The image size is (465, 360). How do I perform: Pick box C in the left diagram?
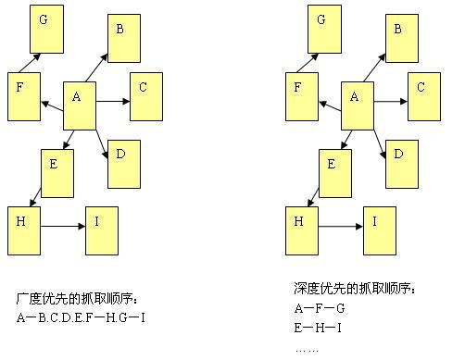(x=145, y=96)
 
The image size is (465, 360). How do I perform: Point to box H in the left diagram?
(x=24, y=230)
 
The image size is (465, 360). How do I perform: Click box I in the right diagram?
(x=380, y=230)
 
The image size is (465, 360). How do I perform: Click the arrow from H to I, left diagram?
(x=63, y=225)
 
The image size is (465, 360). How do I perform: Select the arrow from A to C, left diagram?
(x=113, y=95)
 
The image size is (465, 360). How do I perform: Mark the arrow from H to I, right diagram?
(x=341, y=225)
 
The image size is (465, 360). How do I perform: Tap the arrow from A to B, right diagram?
(x=375, y=66)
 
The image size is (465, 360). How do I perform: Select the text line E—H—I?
(x=319, y=328)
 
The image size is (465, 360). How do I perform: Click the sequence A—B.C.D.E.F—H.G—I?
(x=82, y=318)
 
